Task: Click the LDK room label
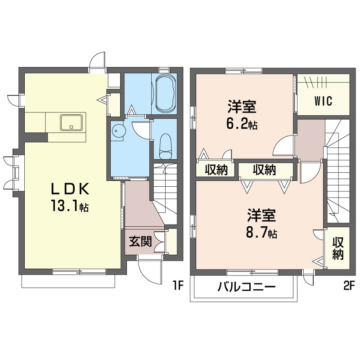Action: [70, 189]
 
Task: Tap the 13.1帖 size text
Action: [70, 206]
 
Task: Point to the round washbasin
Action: [117, 131]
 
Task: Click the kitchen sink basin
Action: [71, 123]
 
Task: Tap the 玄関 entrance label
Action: [140, 241]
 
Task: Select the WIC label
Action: [323, 101]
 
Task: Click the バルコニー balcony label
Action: [246, 287]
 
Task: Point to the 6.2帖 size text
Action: [242, 124]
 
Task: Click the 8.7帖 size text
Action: [261, 233]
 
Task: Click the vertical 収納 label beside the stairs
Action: [338, 248]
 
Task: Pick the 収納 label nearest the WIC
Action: [264, 170]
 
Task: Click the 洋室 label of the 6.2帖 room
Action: [242, 107]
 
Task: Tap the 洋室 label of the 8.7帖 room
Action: [261, 216]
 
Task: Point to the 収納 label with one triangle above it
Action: [216, 170]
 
